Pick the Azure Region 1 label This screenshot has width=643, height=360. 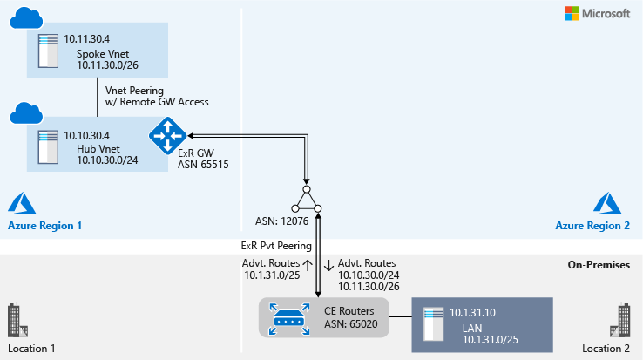click(45, 225)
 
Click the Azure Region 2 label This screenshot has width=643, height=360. click(592, 225)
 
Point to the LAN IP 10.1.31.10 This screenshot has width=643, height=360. click(474, 311)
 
